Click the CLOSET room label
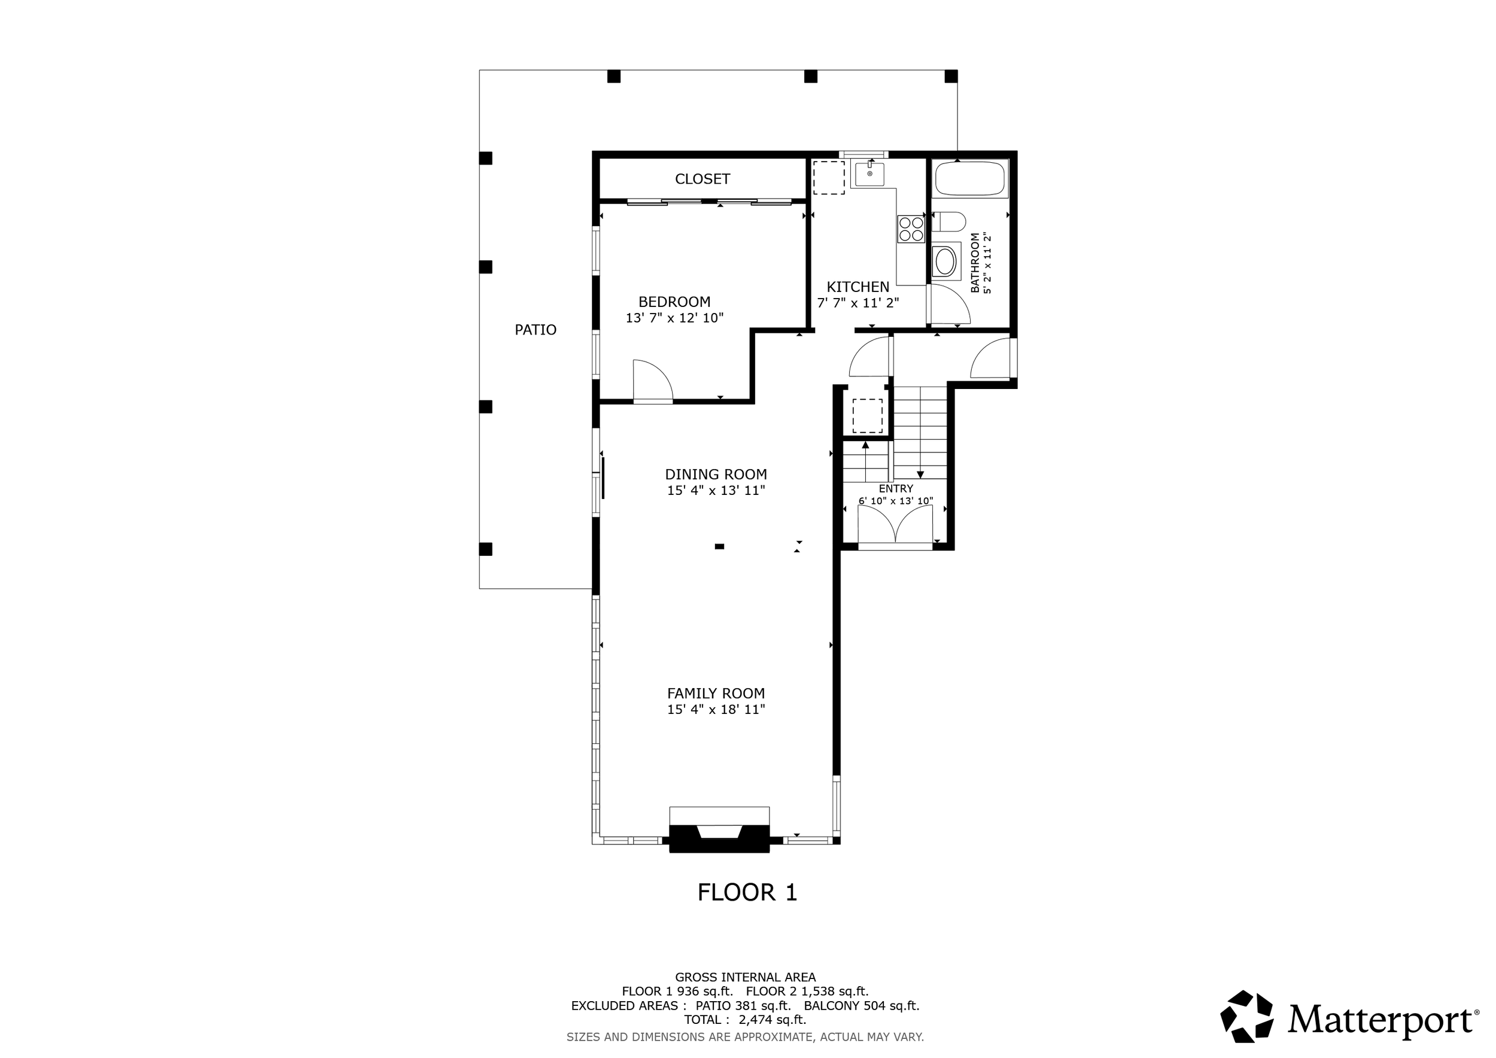coord(703,178)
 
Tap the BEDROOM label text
coord(674,302)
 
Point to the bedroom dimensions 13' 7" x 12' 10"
coord(674,318)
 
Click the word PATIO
coord(536,330)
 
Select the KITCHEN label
coord(858,287)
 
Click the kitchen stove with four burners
coord(911,229)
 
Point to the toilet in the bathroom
coord(948,221)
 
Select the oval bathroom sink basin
coord(945,263)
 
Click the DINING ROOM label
coord(716,475)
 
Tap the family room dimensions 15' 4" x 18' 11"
coord(716,710)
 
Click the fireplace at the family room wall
coord(719,837)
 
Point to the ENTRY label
coord(896,489)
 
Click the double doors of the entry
coord(895,524)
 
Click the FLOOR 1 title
coord(747,892)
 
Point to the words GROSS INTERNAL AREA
coord(746,977)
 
